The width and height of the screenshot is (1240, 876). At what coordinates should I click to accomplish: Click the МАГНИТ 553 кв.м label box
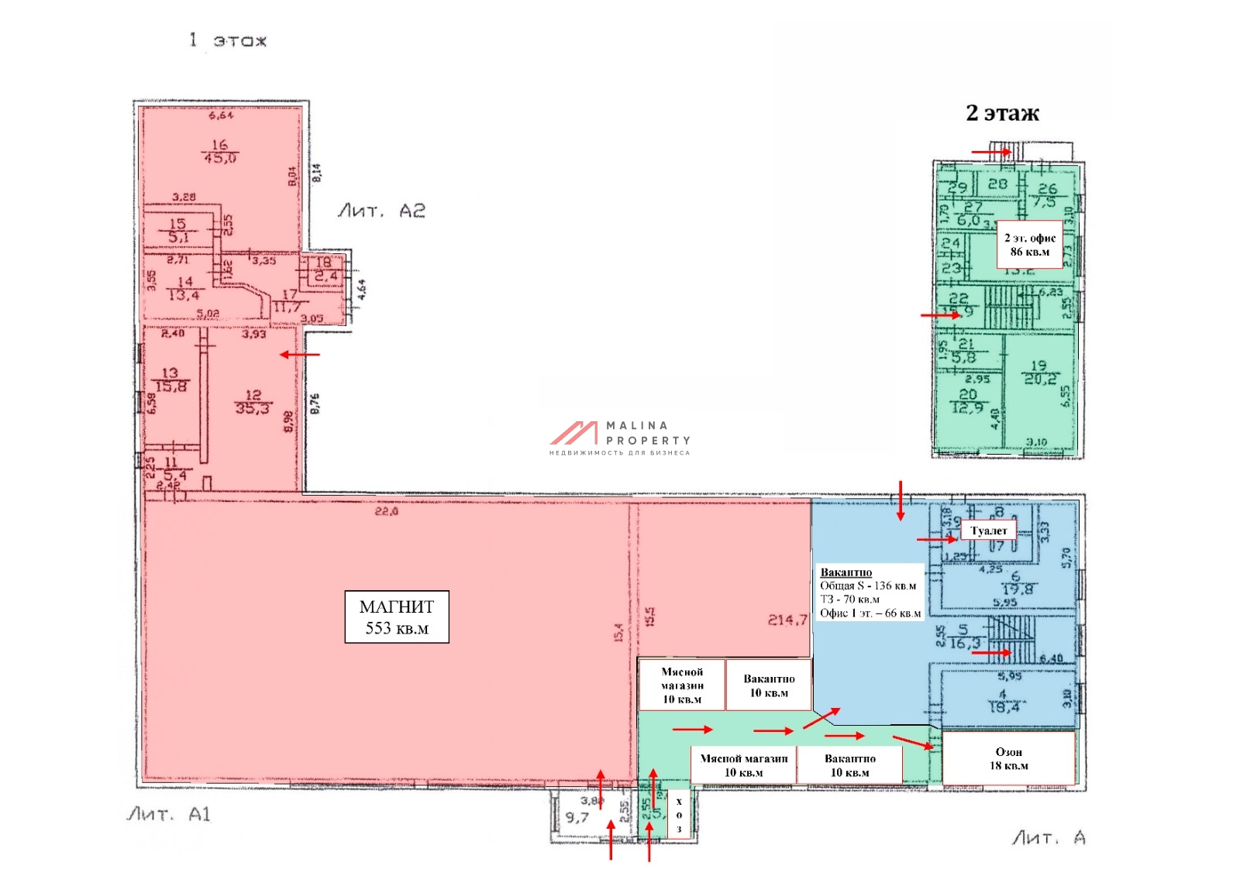coord(396,617)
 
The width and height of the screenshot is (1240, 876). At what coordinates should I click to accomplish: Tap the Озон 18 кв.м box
coord(1008,758)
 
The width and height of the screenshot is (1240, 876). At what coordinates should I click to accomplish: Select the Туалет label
coord(988,531)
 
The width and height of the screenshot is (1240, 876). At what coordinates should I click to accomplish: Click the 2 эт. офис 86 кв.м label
coord(1029,245)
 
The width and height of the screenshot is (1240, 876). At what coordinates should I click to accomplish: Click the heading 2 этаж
coord(1002,113)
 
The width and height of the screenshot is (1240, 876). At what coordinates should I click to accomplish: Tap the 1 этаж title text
coord(228,40)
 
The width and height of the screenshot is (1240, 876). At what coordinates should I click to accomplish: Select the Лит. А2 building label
coord(381,211)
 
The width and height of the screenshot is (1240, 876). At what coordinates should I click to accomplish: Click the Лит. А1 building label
coord(168,814)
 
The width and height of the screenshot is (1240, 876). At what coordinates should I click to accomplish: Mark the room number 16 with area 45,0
coord(219,151)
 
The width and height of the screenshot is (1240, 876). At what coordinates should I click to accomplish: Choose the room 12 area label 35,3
coord(253,402)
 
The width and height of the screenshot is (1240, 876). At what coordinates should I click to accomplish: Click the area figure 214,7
coord(787,620)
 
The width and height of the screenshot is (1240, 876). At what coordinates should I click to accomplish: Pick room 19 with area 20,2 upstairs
coord(1039,373)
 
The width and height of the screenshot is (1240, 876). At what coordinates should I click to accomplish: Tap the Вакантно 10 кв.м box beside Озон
coord(849,765)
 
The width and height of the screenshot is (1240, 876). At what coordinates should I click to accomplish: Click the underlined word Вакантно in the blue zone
coord(846,572)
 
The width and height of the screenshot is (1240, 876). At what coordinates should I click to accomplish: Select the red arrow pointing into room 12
coord(299,355)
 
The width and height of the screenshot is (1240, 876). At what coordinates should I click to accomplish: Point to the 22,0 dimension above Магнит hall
coord(386,511)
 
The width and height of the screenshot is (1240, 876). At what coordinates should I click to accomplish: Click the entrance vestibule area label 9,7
coord(577,817)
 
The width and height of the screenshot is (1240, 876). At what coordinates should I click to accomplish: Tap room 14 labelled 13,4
coord(184,288)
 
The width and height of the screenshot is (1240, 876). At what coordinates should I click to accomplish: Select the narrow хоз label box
coord(679,815)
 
